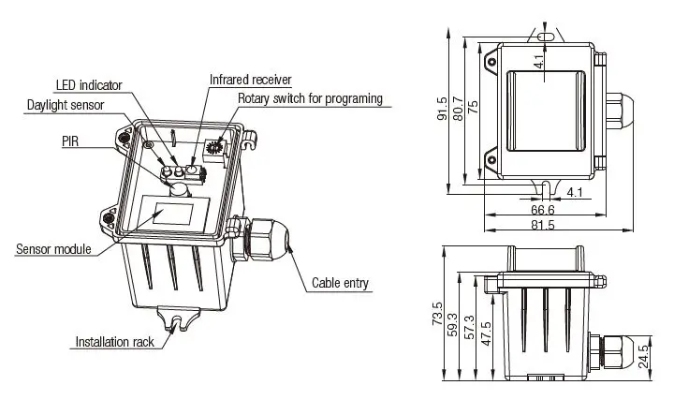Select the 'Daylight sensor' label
coord(66,106)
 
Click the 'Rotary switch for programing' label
coord(310,98)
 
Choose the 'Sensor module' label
coord(53,249)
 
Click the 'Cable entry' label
coord(341,283)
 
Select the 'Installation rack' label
coord(114,342)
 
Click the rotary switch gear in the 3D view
coord(215,146)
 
